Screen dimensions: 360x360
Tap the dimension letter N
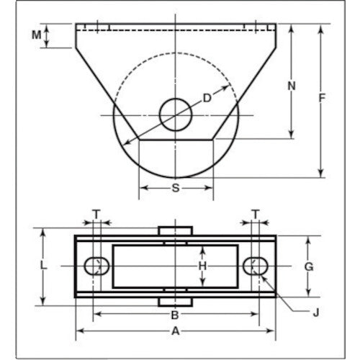pos(292,86)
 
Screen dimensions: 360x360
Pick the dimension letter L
pos(45,266)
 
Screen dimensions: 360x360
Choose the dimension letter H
pos(203,266)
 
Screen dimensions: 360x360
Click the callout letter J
pos(317,312)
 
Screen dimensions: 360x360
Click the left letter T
pos(96,213)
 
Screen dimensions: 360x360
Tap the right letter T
pos(255,213)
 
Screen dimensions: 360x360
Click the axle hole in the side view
pos(176,114)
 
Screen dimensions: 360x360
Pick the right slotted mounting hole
pos(255,266)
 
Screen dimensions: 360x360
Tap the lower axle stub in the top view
pos(176,302)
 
